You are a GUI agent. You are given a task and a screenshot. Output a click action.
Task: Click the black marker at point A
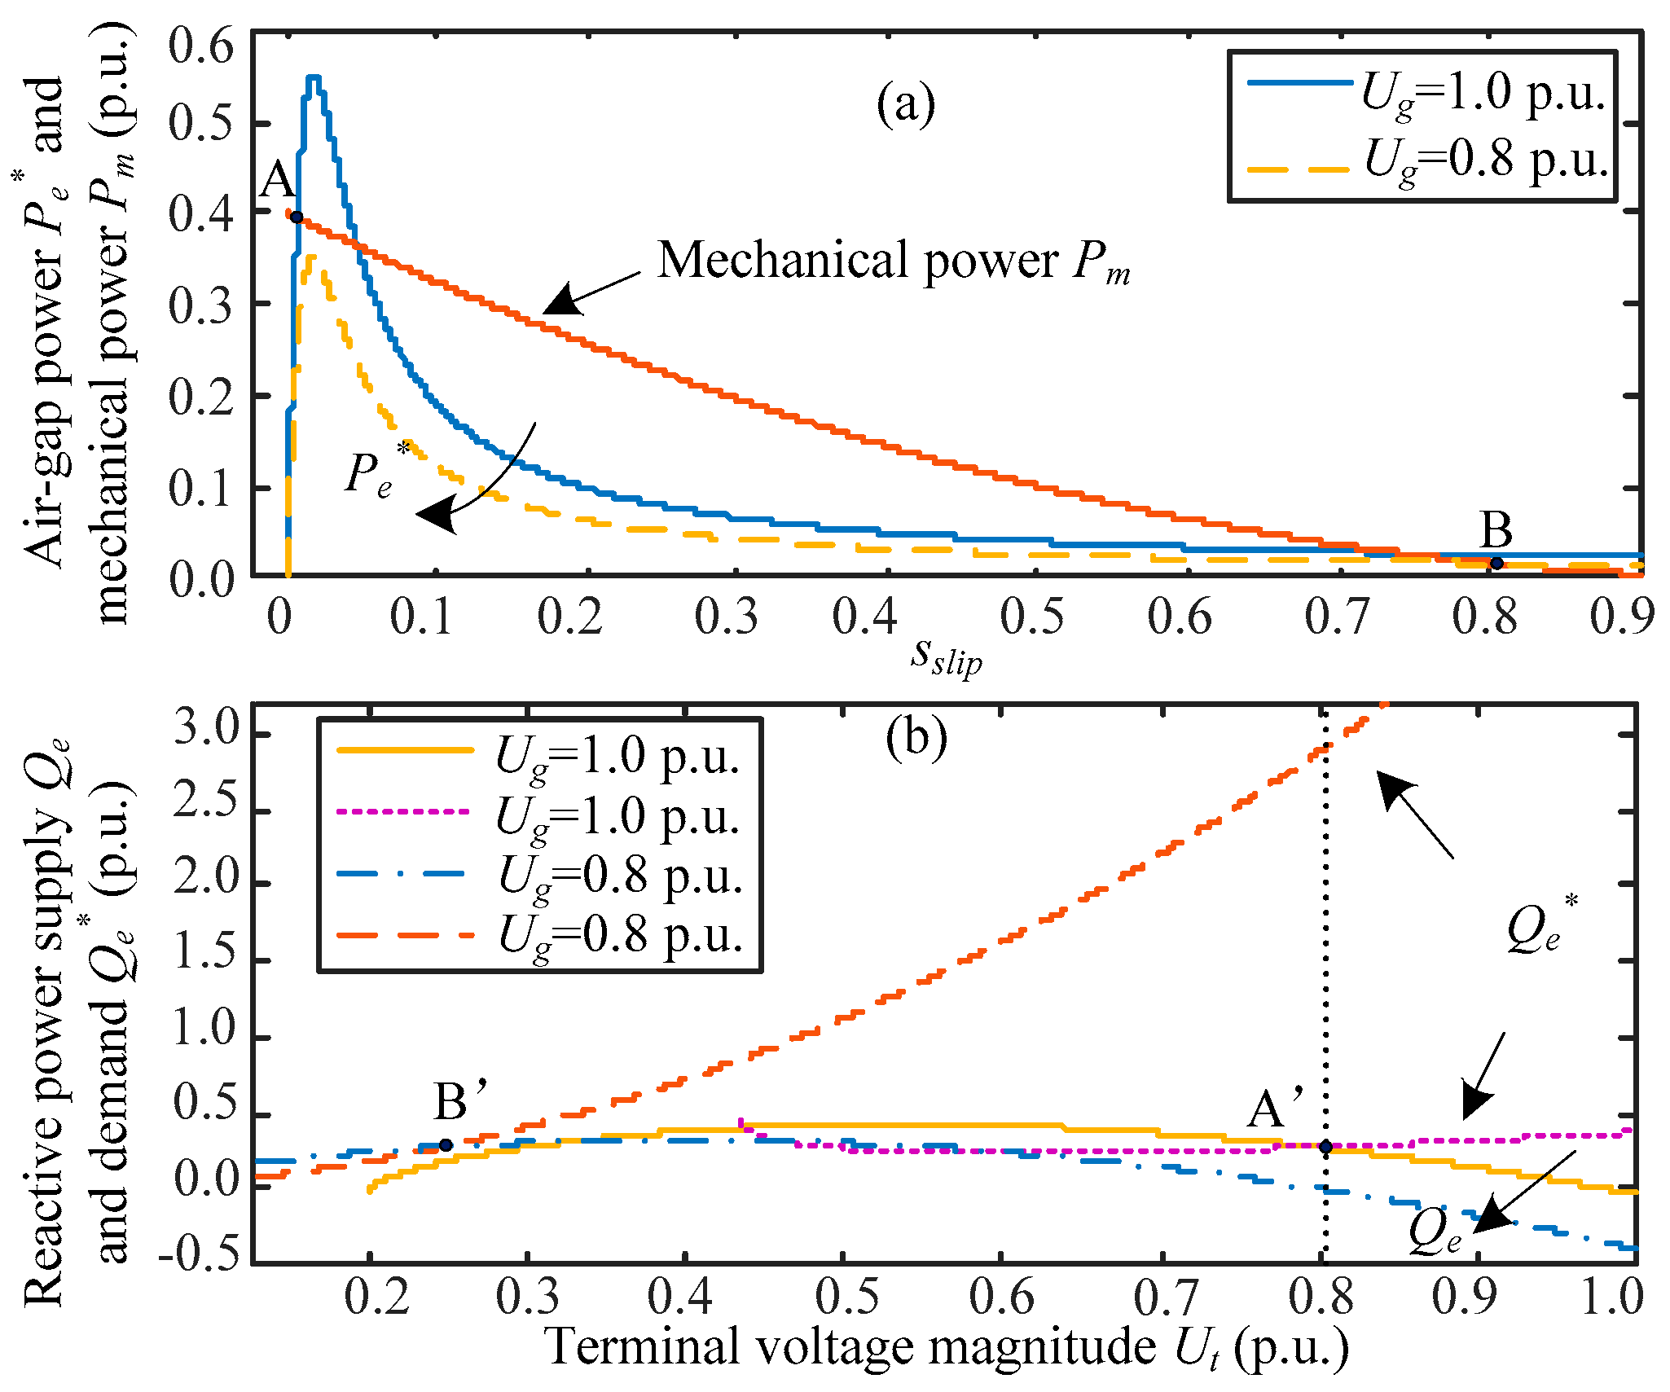pos(297,217)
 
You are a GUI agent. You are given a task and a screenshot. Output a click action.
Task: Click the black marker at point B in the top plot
pos(1496,563)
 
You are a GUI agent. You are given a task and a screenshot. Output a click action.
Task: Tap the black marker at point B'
pos(446,1144)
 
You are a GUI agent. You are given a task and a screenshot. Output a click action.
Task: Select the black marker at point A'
pos(1325,1146)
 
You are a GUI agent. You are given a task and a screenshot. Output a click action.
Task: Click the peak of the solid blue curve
pos(314,77)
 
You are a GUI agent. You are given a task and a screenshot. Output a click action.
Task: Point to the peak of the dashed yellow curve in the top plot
pos(310,257)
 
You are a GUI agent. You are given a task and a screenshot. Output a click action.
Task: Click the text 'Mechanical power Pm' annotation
pos(893,261)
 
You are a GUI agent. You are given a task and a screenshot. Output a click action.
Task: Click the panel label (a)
pos(905,104)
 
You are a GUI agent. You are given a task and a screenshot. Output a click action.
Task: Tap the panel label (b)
pos(916,738)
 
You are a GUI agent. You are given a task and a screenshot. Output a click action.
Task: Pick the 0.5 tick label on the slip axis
pos(1031,617)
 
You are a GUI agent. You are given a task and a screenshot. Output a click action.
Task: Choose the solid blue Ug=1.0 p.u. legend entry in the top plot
pos(1426,92)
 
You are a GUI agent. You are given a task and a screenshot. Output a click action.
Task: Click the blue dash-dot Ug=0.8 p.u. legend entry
pos(538,875)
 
